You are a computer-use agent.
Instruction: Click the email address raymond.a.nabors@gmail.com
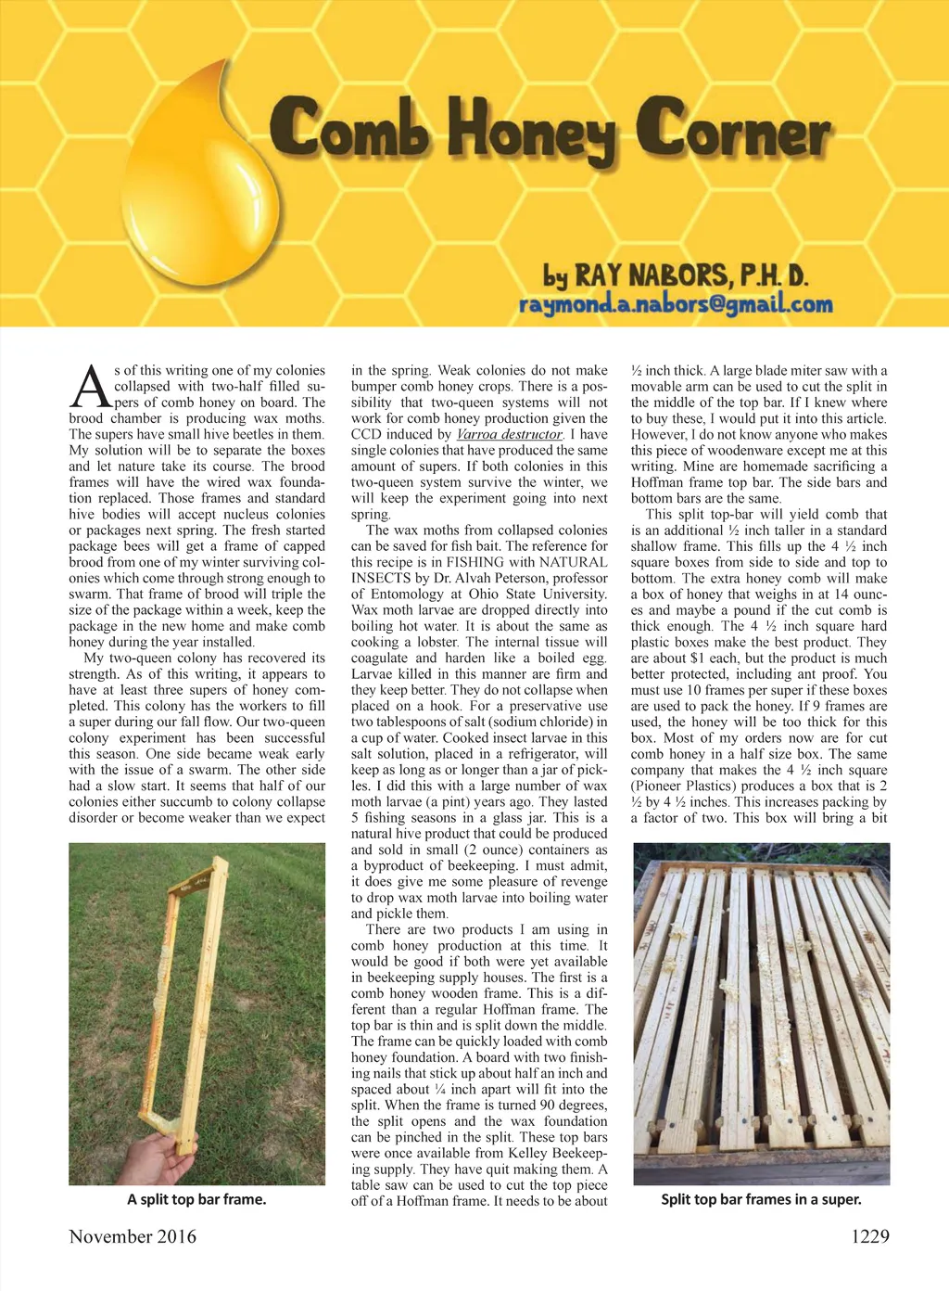click(x=676, y=303)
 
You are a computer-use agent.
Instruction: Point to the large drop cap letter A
click(x=91, y=387)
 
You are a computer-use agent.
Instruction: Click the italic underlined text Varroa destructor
click(x=509, y=434)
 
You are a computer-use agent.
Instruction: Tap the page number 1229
click(x=869, y=1236)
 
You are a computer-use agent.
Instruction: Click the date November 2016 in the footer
click(x=133, y=1236)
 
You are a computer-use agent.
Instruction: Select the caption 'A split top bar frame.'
click(x=196, y=1199)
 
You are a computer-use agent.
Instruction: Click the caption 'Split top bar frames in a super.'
click(x=761, y=1199)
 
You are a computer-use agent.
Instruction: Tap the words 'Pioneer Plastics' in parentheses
click(x=687, y=786)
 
